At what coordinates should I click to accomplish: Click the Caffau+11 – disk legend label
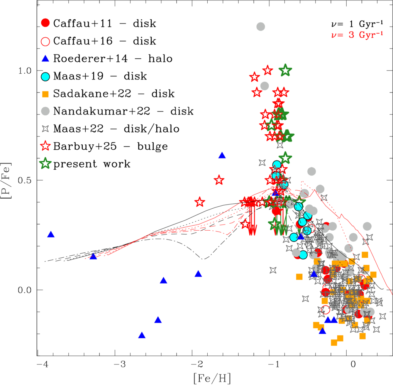[104, 23]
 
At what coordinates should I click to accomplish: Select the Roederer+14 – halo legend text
[113, 59]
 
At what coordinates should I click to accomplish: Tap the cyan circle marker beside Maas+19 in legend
[46, 76]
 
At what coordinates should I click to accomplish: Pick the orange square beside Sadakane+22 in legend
[46, 94]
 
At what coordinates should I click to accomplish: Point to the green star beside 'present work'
[46, 164]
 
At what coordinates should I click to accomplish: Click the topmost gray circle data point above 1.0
[261, 27]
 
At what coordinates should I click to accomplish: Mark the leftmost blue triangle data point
[51, 235]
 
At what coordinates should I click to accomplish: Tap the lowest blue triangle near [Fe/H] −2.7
[142, 335]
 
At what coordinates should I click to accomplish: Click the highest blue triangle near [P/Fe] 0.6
[222, 155]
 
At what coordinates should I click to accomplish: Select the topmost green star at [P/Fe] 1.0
[285, 70]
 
